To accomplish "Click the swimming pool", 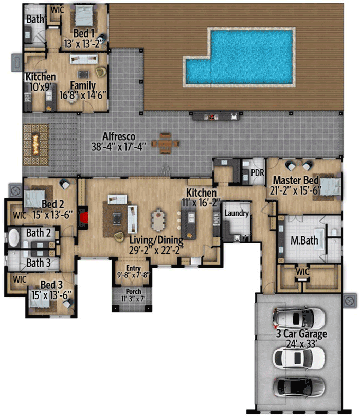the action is tap(240, 58).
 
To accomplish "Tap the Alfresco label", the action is tap(119, 136).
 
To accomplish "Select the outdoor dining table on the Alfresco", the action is tap(165, 144).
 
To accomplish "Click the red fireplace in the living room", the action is tap(84, 218).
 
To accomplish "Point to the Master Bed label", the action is tap(296, 180).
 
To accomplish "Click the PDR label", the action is tap(258, 173).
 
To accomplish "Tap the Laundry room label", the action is tap(237, 213).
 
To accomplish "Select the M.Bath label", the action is tap(304, 240).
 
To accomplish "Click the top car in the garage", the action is tap(299, 318).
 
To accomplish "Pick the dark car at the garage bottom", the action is tap(299, 387).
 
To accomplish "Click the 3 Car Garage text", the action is tap(301, 334).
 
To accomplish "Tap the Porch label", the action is tap(133, 291).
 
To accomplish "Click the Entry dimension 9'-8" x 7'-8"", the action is tap(133, 275).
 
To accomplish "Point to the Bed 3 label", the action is tap(51, 285).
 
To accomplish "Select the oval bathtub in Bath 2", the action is tap(13, 237).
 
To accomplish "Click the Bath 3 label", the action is tap(39, 263).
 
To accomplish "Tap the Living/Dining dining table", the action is tap(158, 220).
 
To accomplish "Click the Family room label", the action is tap(83, 85).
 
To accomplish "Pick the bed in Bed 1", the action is tap(84, 16).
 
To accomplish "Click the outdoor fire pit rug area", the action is tap(35, 145).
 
